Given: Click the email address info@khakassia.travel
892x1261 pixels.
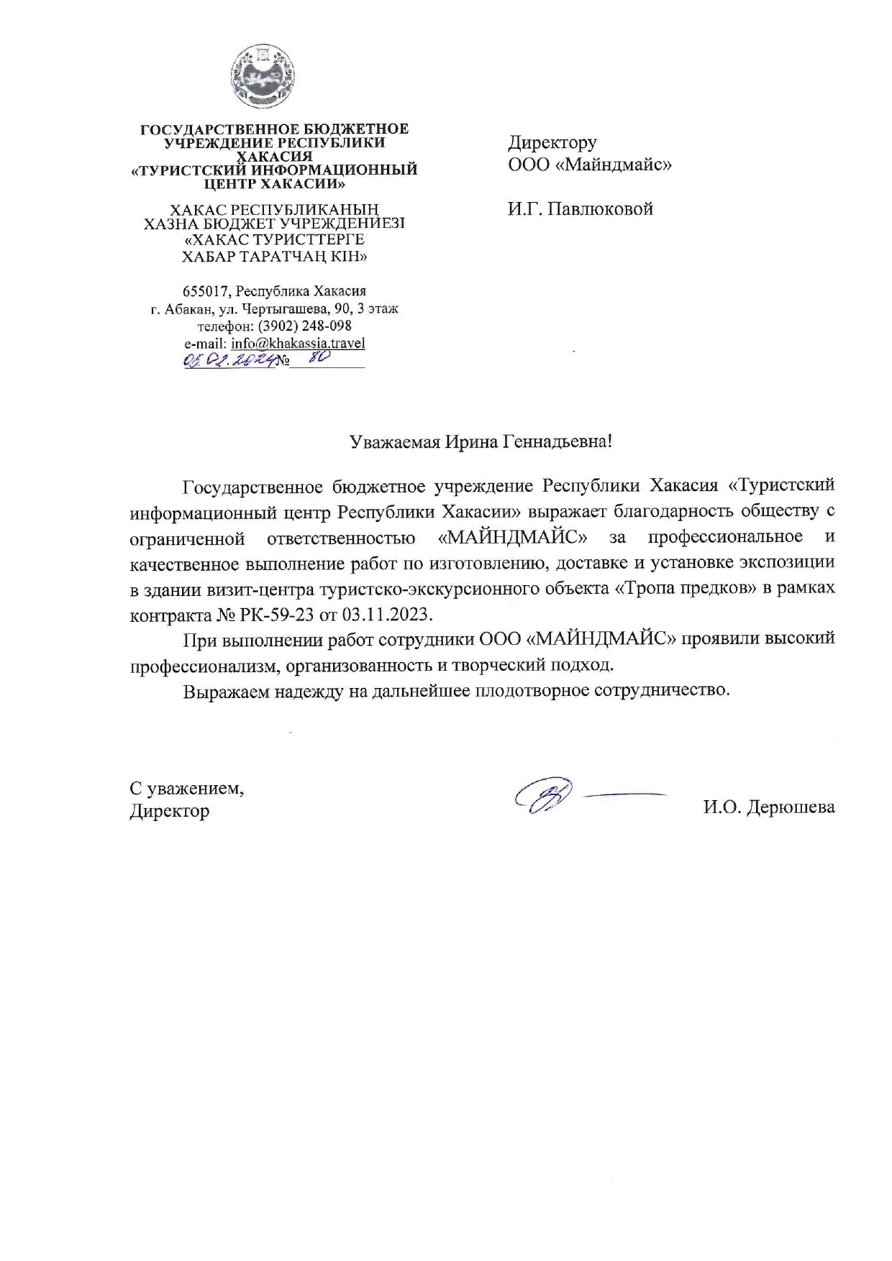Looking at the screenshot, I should click(298, 343).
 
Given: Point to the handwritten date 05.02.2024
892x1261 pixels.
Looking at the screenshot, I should click(229, 361).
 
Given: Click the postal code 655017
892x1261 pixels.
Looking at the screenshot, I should click(207, 291).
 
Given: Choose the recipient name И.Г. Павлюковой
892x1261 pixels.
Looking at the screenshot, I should click(580, 209).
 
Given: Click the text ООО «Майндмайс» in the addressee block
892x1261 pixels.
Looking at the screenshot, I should click(590, 165).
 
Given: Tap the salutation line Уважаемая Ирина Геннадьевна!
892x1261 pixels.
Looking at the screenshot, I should click(481, 441).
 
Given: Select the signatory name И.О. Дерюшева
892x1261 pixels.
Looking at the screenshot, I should click(769, 807).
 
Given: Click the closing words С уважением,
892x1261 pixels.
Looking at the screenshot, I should click(186, 788).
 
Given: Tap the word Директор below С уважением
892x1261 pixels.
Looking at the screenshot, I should click(169, 811).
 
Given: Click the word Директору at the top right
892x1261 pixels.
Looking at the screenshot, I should click(552, 142).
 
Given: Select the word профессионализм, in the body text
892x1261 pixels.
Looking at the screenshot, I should click(204, 665).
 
